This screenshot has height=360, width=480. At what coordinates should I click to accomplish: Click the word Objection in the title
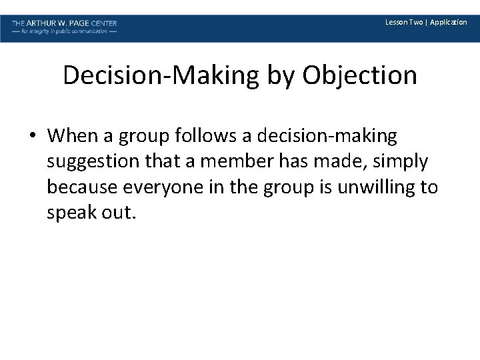(x=360, y=76)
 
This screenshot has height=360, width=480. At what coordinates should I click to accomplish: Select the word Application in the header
(x=449, y=23)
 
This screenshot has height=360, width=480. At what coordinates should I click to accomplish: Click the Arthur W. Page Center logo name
(x=65, y=23)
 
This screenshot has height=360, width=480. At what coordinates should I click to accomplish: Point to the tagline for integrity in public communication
(x=65, y=31)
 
